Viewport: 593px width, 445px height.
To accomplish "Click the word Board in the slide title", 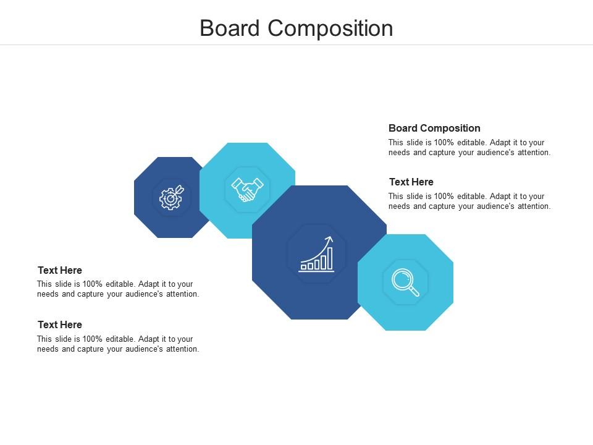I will pos(229,28).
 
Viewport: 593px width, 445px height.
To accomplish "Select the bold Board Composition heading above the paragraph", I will pos(434,128).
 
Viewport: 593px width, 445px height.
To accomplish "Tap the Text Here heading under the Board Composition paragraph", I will pos(411,182).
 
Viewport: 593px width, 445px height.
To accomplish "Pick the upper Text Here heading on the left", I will pos(60,270).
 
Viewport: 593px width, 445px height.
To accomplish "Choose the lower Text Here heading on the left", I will pos(60,324).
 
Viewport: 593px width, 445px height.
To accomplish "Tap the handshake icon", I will pos(247,190).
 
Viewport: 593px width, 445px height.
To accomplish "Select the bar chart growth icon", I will pos(316,254).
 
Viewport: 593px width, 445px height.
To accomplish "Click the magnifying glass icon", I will pos(405,282).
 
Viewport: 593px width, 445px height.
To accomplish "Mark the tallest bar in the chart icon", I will pos(330,258).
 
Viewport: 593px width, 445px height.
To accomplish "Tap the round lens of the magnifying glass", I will pos(402,279).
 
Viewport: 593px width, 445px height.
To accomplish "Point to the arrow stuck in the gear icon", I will pos(179,189).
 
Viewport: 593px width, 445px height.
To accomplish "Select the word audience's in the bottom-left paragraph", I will pos(147,349).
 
